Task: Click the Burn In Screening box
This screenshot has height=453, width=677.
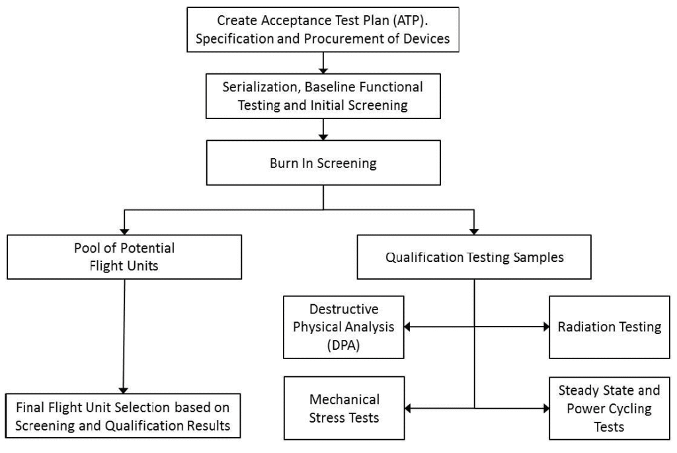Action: click(x=323, y=163)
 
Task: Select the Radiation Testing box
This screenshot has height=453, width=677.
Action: click(x=609, y=327)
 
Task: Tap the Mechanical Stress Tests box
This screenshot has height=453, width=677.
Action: click(x=344, y=408)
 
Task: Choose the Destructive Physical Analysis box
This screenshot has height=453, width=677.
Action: click(x=344, y=327)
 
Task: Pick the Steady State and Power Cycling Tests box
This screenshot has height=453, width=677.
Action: click(x=609, y=408)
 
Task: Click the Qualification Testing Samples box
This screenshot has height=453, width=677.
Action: click(x=474, y=257)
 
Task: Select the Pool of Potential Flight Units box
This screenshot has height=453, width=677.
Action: click(x=124, y=257)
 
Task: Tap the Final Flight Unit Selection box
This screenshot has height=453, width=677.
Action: click(x=123, y=416)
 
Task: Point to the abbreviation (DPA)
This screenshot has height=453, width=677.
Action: click(x=344, y=345)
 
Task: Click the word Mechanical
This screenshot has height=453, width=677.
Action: click(x=344, y=399)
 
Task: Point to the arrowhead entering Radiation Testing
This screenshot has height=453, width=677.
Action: click(x=546, y=327)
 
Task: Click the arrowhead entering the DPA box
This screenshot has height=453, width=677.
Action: click(x=407, y=327)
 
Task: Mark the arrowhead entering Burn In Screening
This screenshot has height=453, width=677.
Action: click(x=323, y=138)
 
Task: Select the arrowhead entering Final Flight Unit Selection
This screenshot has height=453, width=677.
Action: click(x=124, y=390)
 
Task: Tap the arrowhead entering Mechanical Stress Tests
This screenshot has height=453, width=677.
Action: click(x=408, y=408)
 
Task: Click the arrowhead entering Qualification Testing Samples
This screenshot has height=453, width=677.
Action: click(x=474, y=232)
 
